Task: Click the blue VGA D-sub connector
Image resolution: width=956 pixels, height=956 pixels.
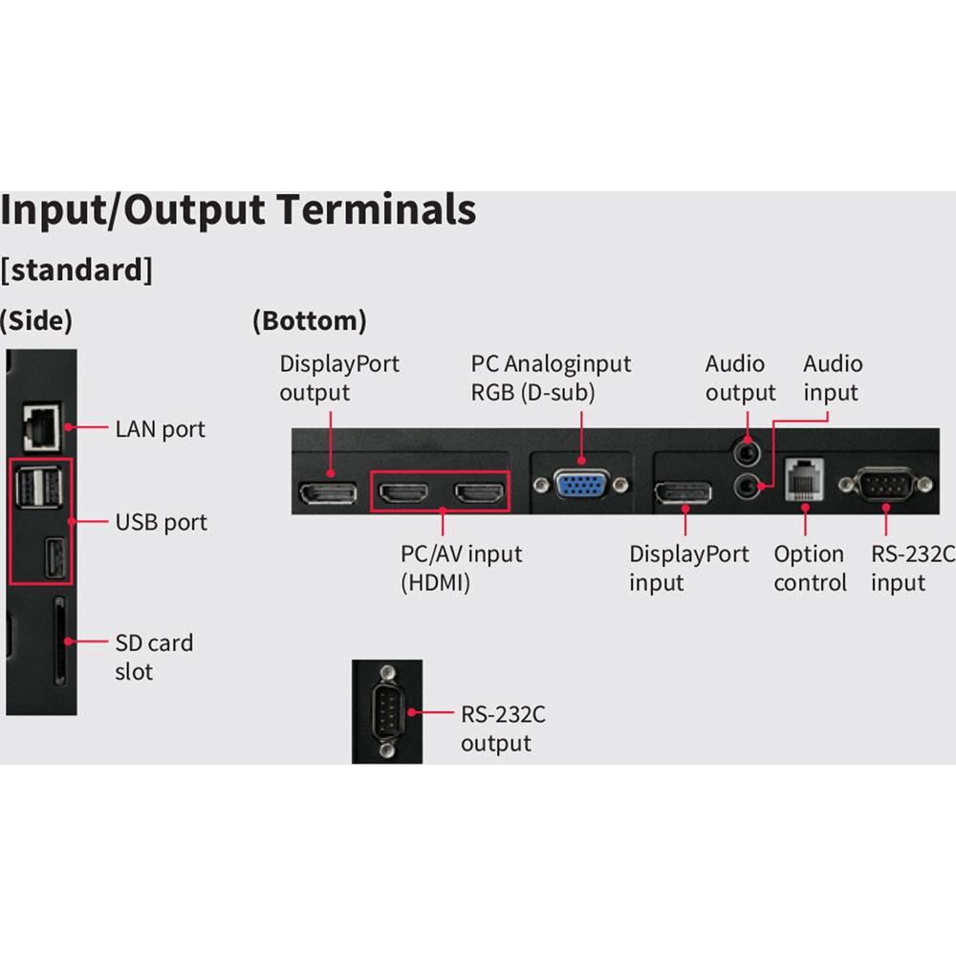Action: click(581, 486)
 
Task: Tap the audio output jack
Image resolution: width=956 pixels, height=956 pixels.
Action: click(745, 446)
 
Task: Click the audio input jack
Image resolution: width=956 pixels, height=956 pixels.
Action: click(747, 487)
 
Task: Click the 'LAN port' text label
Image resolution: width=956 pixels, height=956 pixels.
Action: click(161, 429)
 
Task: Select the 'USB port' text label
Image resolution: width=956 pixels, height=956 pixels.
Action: click(162, 522)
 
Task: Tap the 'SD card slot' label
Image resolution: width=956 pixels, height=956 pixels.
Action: click(154, 657)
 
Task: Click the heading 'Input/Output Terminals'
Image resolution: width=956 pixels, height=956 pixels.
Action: click(238, 209)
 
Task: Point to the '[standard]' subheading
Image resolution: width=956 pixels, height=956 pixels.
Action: click(76, 270)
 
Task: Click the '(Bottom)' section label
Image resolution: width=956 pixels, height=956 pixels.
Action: click(309, 321)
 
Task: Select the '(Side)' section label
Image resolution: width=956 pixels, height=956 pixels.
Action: click(36, 321)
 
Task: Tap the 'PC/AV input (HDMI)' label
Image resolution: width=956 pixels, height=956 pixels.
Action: click(461, 568)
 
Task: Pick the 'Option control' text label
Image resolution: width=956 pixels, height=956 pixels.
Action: click(810, 568)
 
